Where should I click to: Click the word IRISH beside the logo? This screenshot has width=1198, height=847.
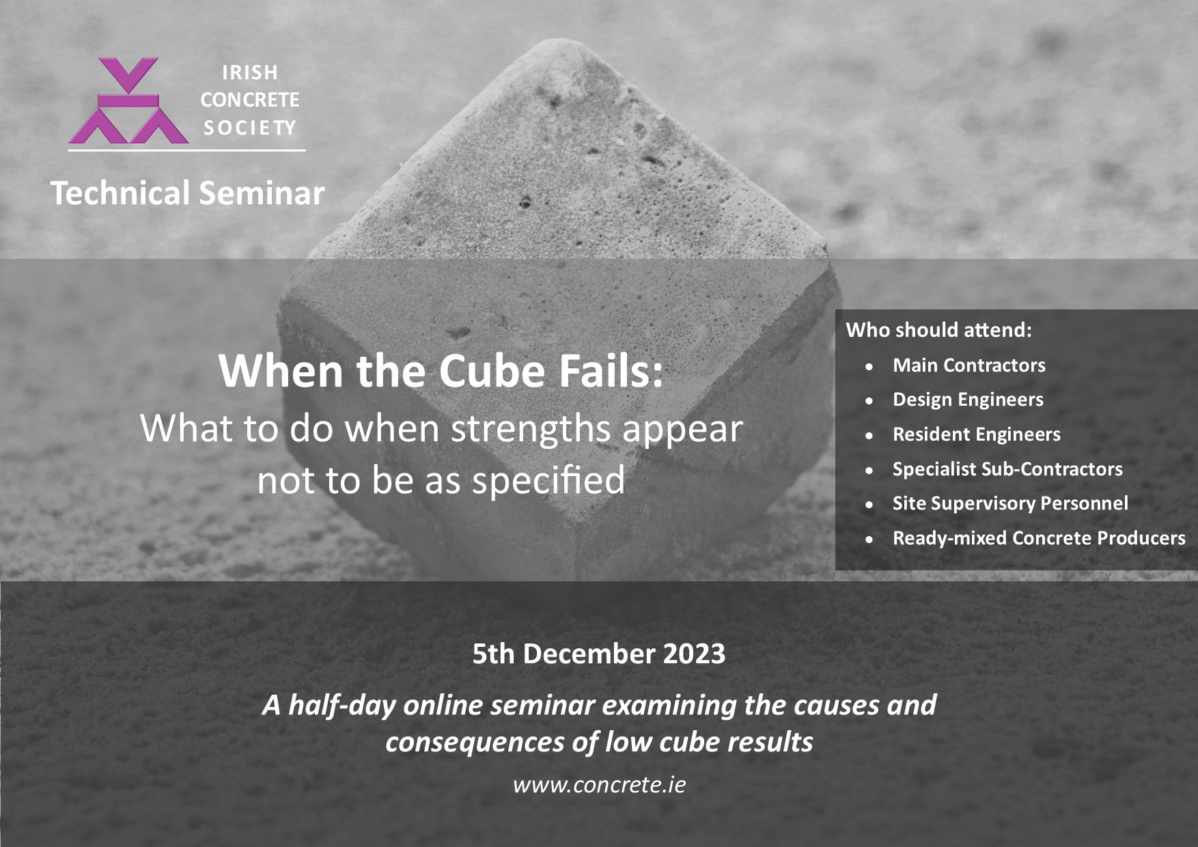[x=250, y=72]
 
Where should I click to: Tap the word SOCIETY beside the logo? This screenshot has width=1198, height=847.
[x=250, y=128]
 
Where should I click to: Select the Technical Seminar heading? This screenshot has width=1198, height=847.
[x=187, y=193]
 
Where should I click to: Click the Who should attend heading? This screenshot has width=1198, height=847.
[x=939, y=330]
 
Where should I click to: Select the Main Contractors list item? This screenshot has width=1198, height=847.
[x=969, y=365]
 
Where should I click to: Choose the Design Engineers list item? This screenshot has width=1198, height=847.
[x=968, y=400]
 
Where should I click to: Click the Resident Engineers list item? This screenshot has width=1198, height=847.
[x=977, y=435]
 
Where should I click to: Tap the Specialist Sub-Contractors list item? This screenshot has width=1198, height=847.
[x=1007, y=469]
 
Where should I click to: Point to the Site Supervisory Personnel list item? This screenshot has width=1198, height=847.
[x=1010, y=504]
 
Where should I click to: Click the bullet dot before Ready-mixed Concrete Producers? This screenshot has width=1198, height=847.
[x=869, y=540]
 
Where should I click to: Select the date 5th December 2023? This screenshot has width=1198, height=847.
[x=599, y=654]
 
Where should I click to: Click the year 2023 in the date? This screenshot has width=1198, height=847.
[x=694, y=654]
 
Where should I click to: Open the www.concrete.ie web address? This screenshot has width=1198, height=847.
[x=599, y=785]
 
